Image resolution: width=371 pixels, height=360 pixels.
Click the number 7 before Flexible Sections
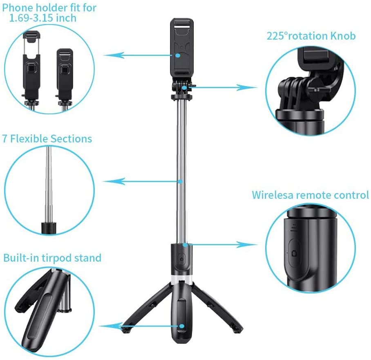click(x=5, y=139)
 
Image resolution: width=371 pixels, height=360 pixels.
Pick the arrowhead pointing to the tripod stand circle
click(x=111, y=326)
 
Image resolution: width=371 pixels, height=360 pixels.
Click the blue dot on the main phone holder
click(x=178, y=56)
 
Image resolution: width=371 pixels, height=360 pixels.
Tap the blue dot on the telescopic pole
click(x=181, y=182)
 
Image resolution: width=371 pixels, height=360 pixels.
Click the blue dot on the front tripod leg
click(x=182, y=326)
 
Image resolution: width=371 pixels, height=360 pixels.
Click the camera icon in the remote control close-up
click(x=294, y=253)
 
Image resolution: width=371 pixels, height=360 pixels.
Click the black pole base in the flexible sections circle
click(x=49, y=228)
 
